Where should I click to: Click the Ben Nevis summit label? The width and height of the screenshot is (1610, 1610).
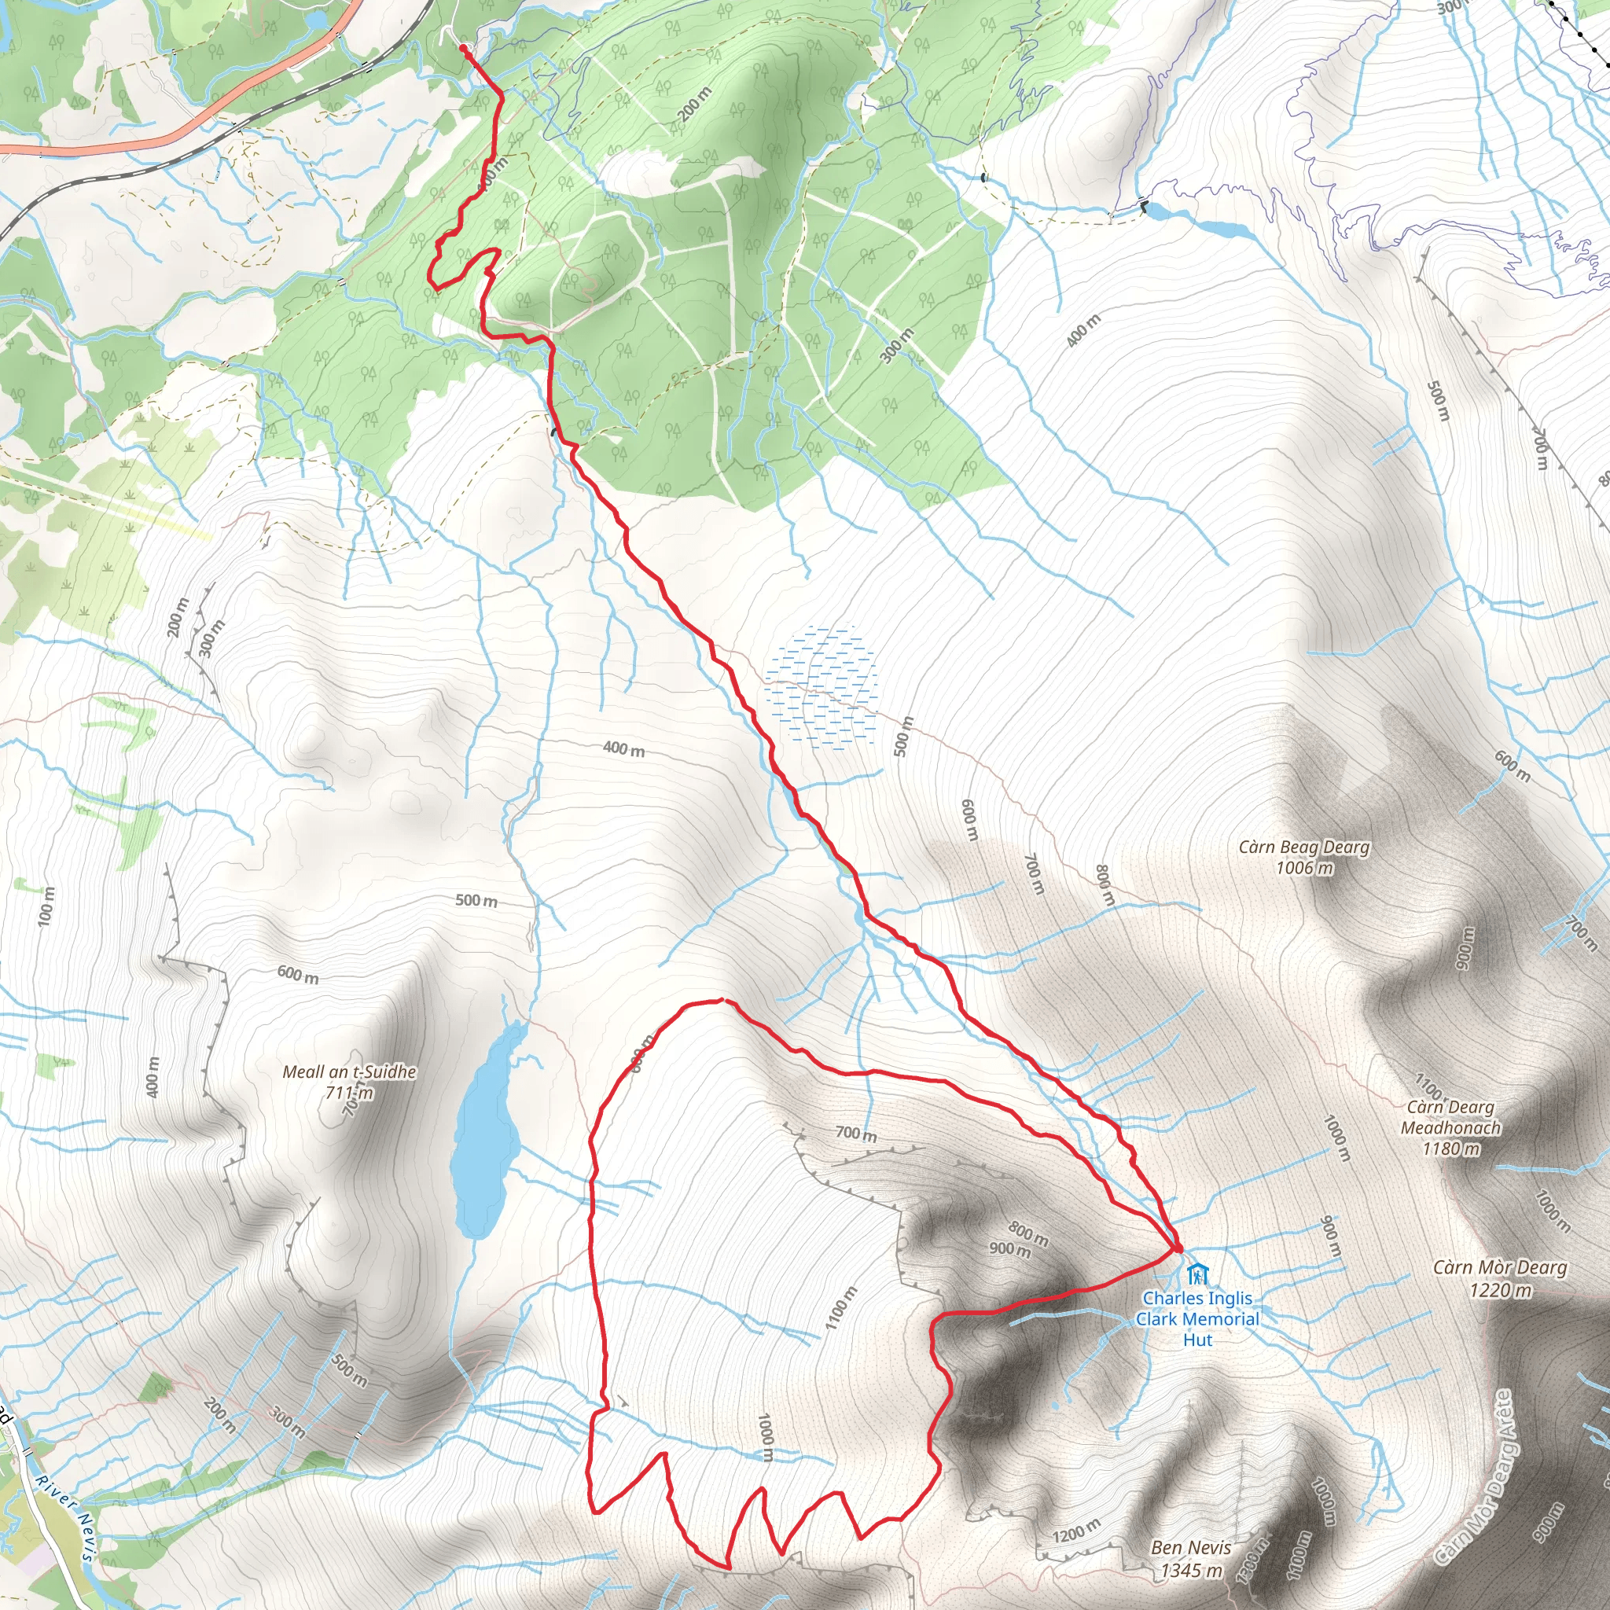coord(1191,1547)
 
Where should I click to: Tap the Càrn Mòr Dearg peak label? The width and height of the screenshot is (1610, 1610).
coord(1500,1267)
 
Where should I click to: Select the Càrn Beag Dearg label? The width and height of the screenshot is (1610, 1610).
coord(1304,847)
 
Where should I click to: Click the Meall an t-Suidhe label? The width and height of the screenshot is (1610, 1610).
coord(349,1071)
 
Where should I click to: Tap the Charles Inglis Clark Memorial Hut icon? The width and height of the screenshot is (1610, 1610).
coord(1197,1274)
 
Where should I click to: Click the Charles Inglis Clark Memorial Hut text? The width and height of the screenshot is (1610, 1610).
coord(1197,1319)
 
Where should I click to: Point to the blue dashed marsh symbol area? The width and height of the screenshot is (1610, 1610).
coord(821,688)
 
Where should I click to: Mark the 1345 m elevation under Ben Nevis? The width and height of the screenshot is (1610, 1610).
coord(1192,1571)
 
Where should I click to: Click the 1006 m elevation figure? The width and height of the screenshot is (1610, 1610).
coord(1304,869)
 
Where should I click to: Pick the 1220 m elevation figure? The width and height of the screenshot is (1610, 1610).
coord(1501,1290)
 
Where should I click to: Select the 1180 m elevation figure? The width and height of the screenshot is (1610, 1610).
coord(1451,1149)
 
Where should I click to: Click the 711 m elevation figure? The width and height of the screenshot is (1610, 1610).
coord(350,1093)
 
